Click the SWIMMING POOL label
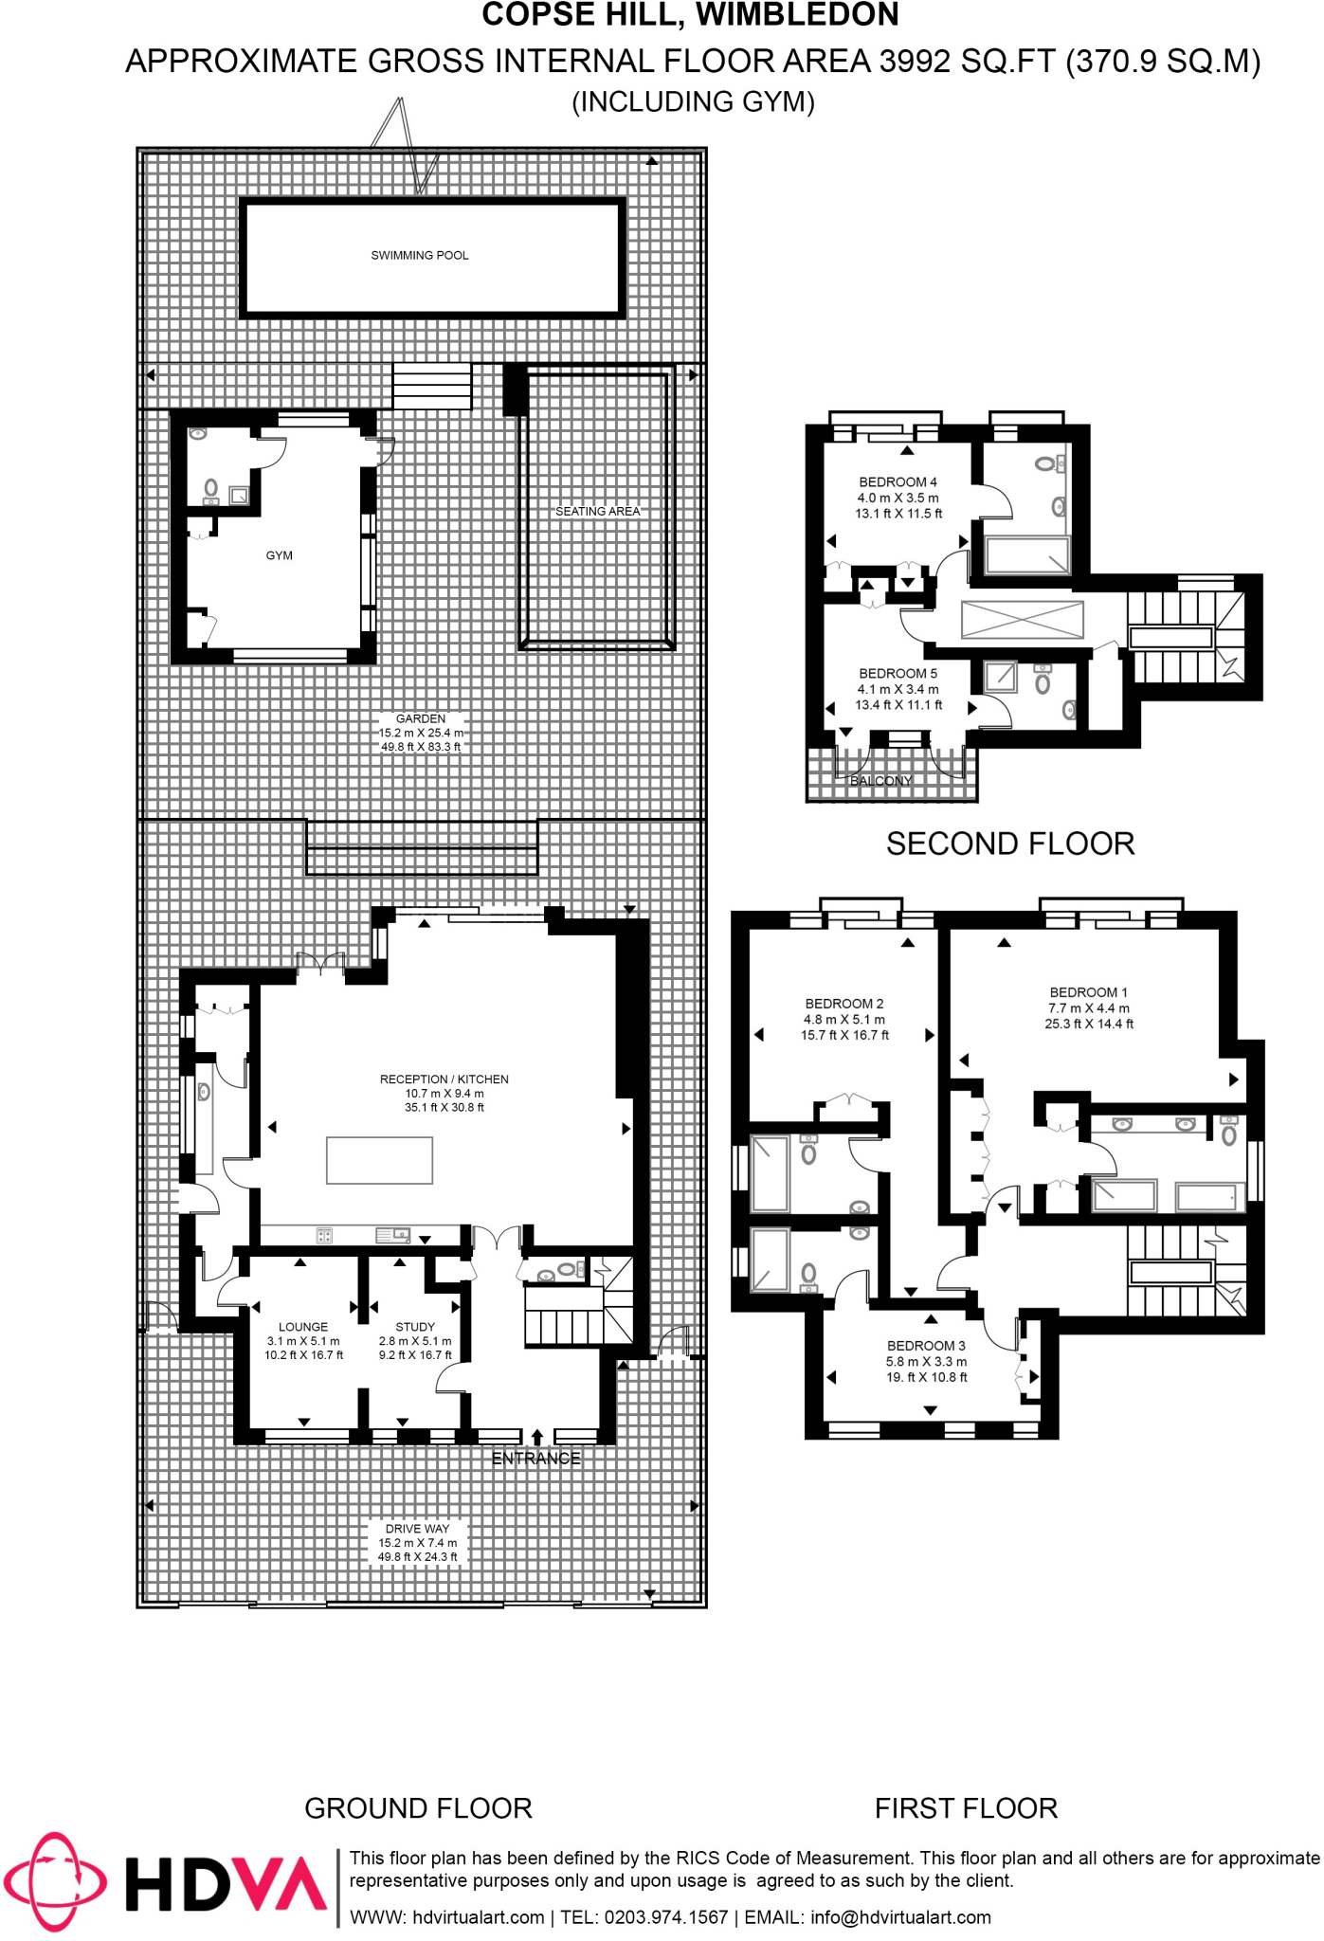(x=419, y=256)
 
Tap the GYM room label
(x=279, y=556)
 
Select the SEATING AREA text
(x=597, y=512)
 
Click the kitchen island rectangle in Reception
(x=379, y=1160)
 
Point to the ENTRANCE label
(x=535, y=1459)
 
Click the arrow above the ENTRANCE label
(x=537, y=1437)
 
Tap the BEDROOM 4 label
(x=898, y=482)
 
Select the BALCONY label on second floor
(x=880, y=781)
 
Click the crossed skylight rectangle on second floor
(x=1022, y=620)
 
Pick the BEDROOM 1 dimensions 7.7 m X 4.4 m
(x=1088, y=1008)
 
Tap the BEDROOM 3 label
(x=926, y=1346)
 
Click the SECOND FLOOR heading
(x=1009, y=844)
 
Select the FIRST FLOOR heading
(x=965, y=1808)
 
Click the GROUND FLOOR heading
(x=418, y=1808)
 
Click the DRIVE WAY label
(x=417, y=1529)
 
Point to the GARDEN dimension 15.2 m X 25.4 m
(x=421, y=733)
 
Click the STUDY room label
(x=415, y=1327)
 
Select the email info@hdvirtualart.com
(x=900, y=1917)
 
